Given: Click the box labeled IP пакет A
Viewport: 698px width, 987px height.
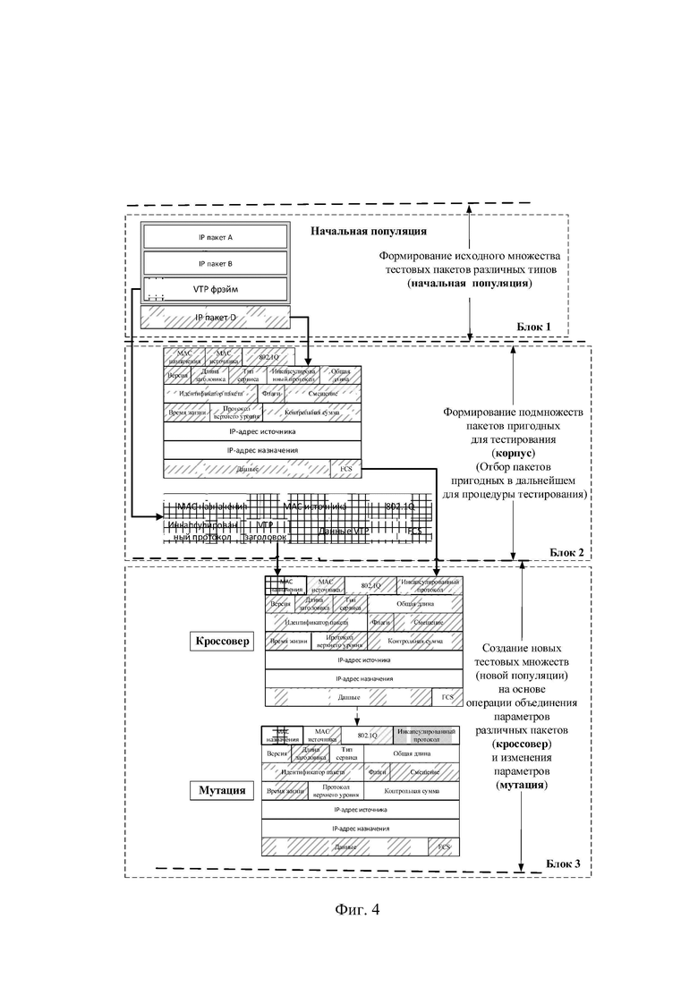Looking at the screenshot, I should click(215, 238).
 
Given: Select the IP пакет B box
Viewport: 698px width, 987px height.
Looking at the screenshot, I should click(215, 264).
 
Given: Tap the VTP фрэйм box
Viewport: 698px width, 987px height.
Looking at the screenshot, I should click(215, 289).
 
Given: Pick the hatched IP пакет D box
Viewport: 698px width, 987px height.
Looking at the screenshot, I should click(215, 317).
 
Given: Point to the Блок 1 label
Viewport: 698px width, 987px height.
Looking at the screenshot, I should click(534, 327).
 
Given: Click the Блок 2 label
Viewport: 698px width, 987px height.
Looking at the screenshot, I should click(564, 552).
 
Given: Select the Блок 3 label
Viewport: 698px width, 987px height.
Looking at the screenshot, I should click(563, 864).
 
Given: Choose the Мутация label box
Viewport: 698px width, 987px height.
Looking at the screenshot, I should click(220, 791).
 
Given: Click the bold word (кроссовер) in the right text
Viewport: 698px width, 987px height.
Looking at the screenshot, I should click(522, 744).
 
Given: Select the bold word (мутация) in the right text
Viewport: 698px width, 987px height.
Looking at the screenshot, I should click(522, 784).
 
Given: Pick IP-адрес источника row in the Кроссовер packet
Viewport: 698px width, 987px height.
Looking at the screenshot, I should click(363, 660).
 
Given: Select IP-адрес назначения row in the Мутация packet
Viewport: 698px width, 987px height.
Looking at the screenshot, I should click(361, 828).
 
